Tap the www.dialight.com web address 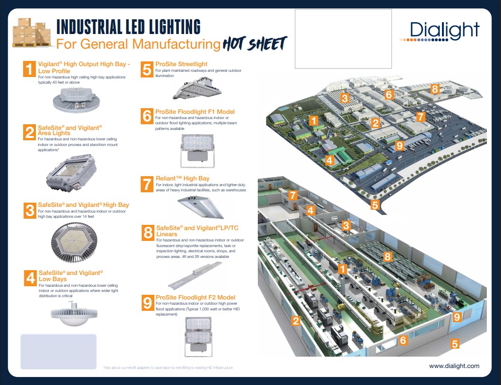pos(454,366)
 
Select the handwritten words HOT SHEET pos(255,44)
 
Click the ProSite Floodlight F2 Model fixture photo pos(198,336)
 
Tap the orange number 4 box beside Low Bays pos(31,278)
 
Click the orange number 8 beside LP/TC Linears pos(148,231)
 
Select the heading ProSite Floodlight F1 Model pos(195,111)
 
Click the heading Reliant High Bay pos(183,178)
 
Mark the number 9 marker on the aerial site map pos(399,145)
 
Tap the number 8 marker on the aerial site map pos(435,89)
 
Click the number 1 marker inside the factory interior pos(343,269)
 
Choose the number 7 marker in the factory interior pos(293,195)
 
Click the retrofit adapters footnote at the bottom pos(168,368)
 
